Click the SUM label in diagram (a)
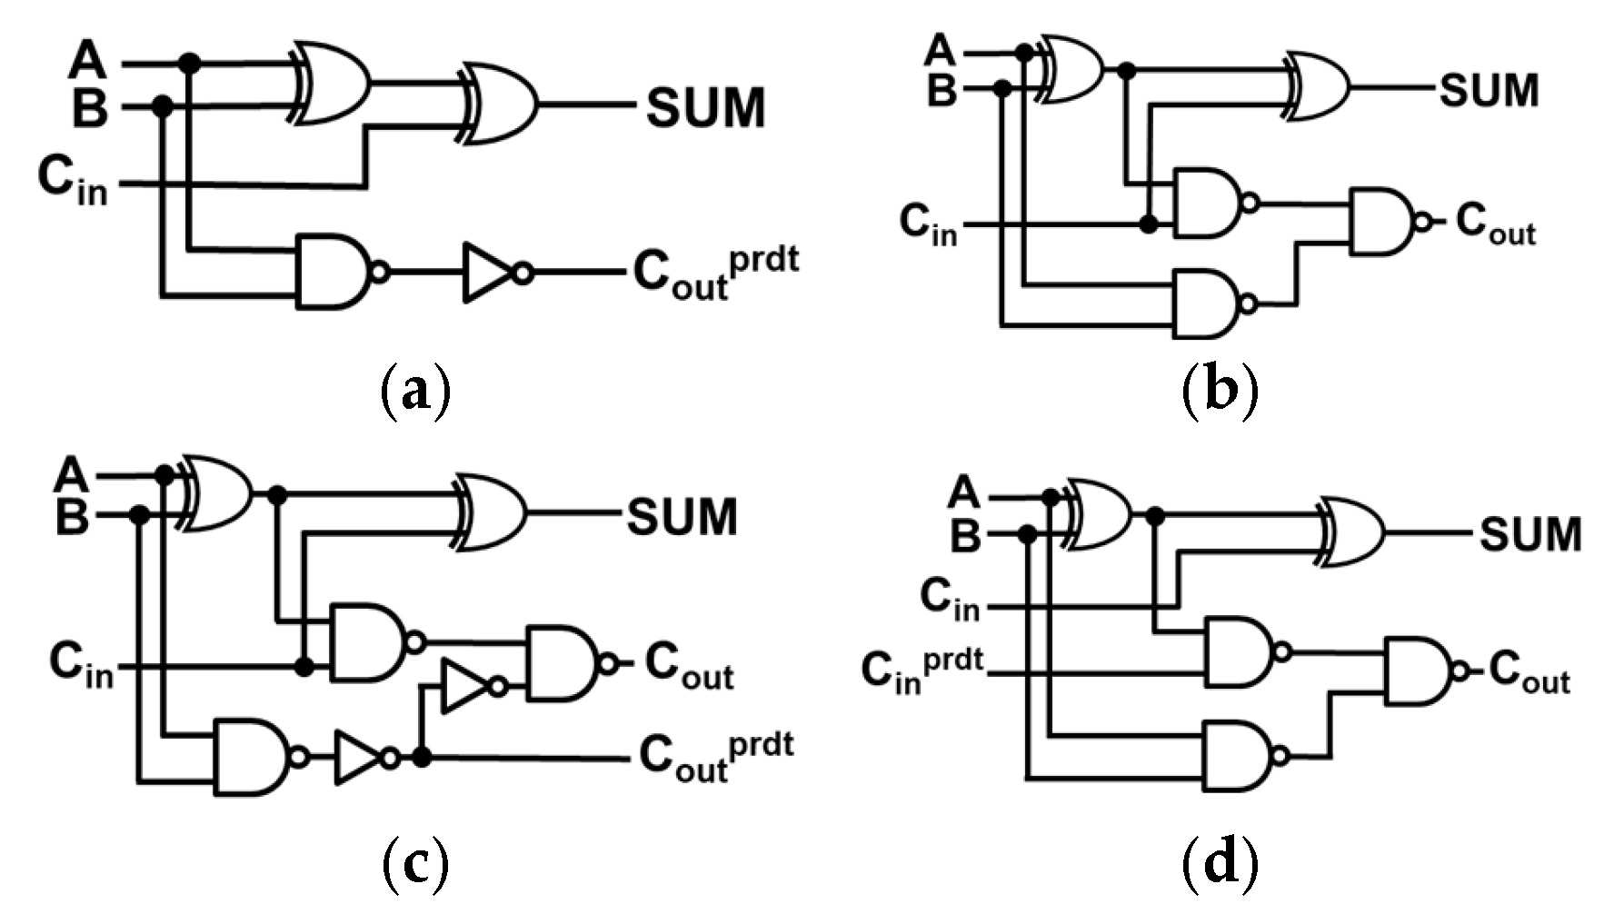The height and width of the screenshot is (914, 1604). tap(705, 107)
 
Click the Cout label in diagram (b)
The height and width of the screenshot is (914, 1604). tap(1495, 224)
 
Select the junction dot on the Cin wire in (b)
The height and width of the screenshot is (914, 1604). tap(1149, 224)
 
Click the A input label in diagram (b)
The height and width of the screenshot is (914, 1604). tap(941, 50)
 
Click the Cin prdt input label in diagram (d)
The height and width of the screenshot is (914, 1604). tap(922, 671)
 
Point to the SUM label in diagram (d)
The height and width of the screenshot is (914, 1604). tap(1530, 534)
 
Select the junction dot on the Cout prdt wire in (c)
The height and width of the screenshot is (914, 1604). tap(421, 757)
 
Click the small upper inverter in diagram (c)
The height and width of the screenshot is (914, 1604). tap(466, 687)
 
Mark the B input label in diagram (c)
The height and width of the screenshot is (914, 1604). tap(73, 518)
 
